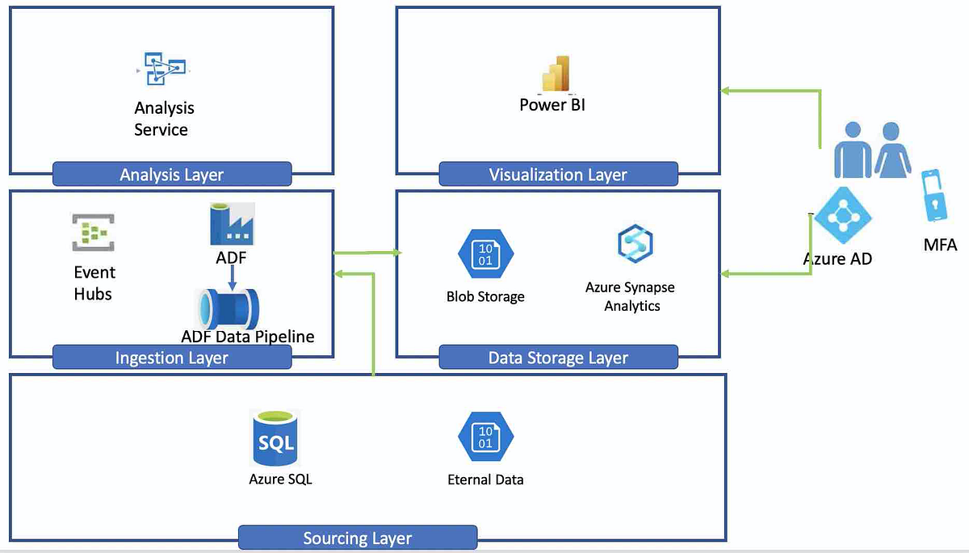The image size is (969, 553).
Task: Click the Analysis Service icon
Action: [x=162, y=69]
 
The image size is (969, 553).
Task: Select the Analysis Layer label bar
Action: [x=171, y=174]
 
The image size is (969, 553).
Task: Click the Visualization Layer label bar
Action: [x=557, y=174]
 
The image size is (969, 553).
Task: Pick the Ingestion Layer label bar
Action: [x=171, y=358]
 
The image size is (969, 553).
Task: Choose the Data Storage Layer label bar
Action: [x=557, y=358]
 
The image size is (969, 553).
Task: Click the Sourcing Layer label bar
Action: [x=357, y=538]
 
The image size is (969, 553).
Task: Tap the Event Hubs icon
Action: [x=93, y=234]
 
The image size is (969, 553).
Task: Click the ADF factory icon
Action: [x=231, y=223]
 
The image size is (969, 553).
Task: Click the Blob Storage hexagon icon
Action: [x=485, y=253]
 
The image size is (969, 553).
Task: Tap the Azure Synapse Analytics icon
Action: [x=635, y=243]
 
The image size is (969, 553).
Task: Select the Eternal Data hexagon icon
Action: [x=485, y=438]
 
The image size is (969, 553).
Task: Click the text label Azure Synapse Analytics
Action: [x=631, y=296]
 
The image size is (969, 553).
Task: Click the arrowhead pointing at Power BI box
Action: [x=725, y=90]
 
